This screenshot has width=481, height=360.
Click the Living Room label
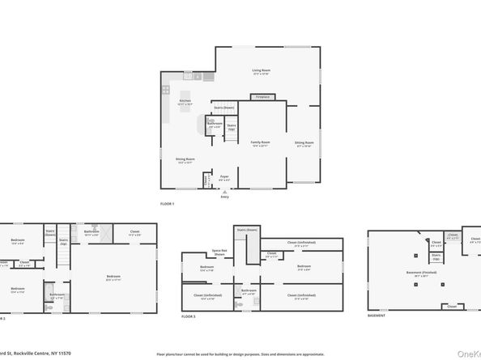[261, 71]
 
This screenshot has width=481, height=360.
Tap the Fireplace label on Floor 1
[262, 97]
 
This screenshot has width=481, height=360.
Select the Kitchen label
[185, 101]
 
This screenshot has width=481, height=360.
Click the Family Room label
[260, 142]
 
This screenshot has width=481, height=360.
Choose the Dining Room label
[185, 159]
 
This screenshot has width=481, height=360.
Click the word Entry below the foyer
[224, 197]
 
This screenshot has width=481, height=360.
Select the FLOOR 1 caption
[168, 203]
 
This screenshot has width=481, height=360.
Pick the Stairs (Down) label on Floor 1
[224, 108]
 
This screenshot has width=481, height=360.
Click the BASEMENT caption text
[377, 316]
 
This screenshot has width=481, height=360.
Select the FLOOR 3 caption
[189, 316]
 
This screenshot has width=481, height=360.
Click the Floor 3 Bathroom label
[249, 290]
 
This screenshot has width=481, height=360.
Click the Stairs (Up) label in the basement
[436, 256]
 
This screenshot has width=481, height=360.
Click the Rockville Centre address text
[40, 354]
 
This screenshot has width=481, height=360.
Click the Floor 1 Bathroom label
[215, 124]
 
